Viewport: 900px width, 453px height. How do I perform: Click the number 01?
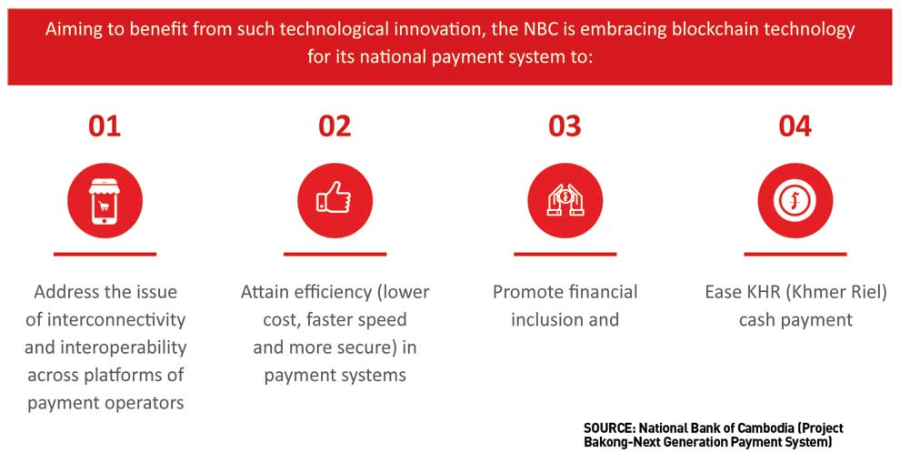point(105,126)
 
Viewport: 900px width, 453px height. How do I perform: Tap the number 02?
point(335,126)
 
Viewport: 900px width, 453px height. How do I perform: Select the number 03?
point(565,126)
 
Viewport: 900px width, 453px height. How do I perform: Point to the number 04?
point(795,126)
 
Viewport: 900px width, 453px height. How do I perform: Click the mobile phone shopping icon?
point(105,201)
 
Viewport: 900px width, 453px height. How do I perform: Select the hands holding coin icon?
point(565,201)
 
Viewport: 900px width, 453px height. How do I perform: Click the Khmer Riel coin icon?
point(795,201)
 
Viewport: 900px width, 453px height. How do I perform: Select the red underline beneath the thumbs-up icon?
point(335,254)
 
